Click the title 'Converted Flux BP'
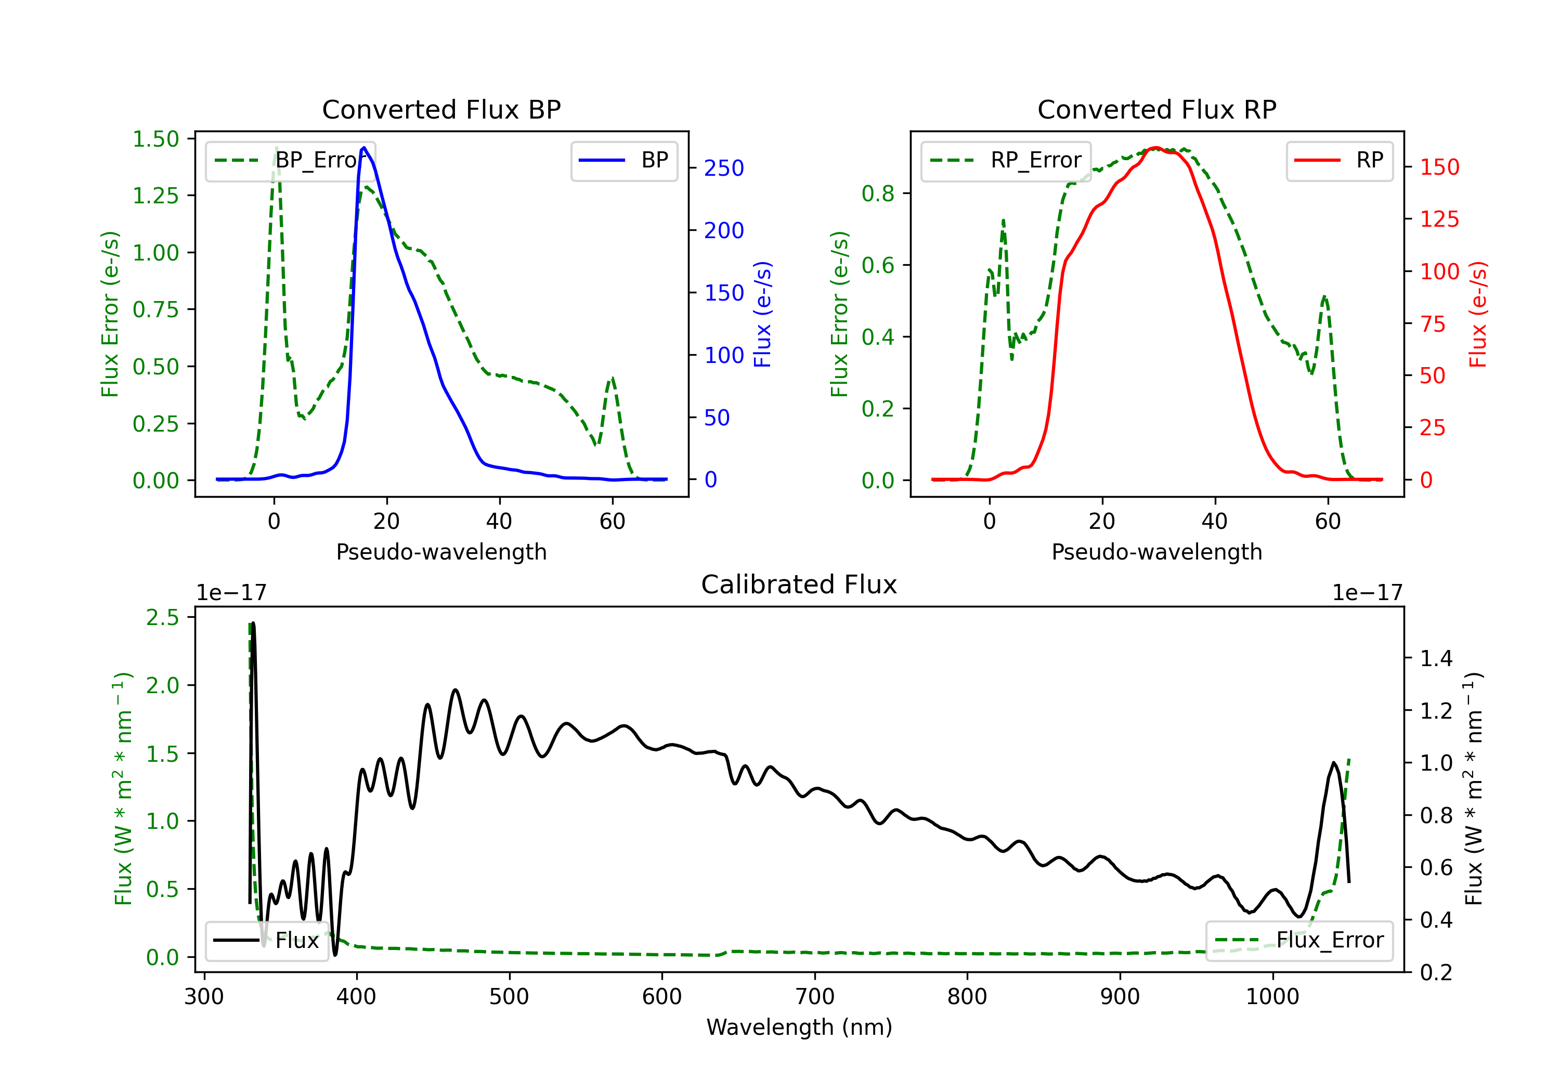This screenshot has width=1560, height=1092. (x=441, y=109)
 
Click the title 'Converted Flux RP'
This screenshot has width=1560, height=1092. (x=1156, y=109)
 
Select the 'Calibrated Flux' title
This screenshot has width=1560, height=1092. (x=799, y=584)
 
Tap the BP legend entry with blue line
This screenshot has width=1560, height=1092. (x=623, y=160)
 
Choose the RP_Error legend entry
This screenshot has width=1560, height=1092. (x=1006, y=160)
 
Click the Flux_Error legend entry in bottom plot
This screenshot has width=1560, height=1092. (x=1298, y=941)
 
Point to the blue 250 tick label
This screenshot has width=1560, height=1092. (x=724, y=168)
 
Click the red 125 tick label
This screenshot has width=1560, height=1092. (x=1439, y=219)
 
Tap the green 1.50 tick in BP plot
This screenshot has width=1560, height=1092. (x=155, y=139)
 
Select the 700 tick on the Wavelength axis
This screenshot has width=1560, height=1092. (x=814, y=997)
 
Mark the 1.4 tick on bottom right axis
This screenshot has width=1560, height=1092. (x=1436, y=658)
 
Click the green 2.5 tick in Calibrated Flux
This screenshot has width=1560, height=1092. (x=162, y=618)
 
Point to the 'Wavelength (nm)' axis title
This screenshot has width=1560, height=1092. (x=799, y=1027)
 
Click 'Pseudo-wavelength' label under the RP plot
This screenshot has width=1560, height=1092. (x=1156, y=552)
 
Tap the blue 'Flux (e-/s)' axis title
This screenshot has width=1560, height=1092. (x=763, y=315)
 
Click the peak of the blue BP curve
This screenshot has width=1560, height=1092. (x=364, y=148)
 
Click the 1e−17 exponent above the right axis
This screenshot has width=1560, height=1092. (x=1367, y=593)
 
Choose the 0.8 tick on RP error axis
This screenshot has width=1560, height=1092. (x=877, y=193)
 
